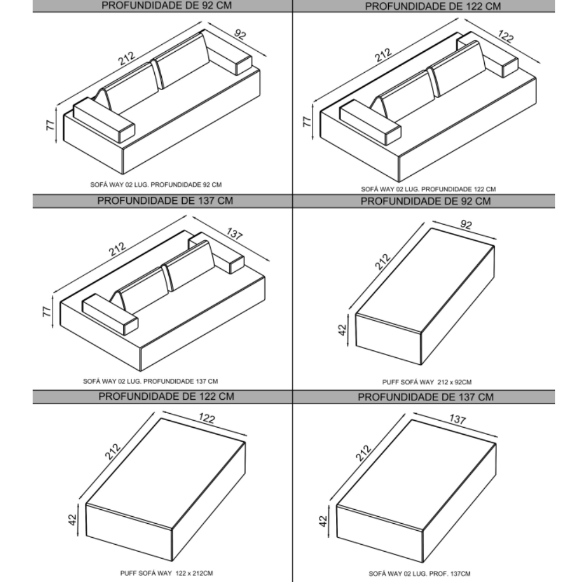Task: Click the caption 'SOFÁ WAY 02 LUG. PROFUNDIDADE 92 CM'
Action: (x=156, y=184)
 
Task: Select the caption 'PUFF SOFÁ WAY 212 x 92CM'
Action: (x=427, y=382)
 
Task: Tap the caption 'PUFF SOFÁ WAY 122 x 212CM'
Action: (x=166, y=573)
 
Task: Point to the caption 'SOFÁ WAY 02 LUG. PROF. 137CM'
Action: (x=420, y=573)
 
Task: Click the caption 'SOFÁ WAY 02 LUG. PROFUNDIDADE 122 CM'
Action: (x=428, y=189)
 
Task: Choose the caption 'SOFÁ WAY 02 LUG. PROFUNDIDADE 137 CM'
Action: (x=150, y=381)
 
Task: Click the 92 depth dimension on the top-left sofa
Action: (x=240, y=34)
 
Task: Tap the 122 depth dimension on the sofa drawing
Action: (x=506, y=36)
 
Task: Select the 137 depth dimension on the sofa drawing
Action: (x=235, y=233)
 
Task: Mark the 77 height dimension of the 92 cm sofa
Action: (x=51, y=125)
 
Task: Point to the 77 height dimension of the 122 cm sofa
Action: (x=307, y=122)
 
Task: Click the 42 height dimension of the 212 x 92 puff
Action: (x=342, y=329)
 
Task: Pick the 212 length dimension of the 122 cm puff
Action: (x=112, y=452)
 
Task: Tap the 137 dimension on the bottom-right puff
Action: (x=457, y=419)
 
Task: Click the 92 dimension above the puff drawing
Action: (x=466, y=225)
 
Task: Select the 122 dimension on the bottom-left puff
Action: (x=207, y=418)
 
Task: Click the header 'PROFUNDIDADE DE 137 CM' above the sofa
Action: (x=165, y=201)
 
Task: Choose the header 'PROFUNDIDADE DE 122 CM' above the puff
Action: (x=166, y=396)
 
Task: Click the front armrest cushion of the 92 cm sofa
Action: (x=104, y=120)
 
